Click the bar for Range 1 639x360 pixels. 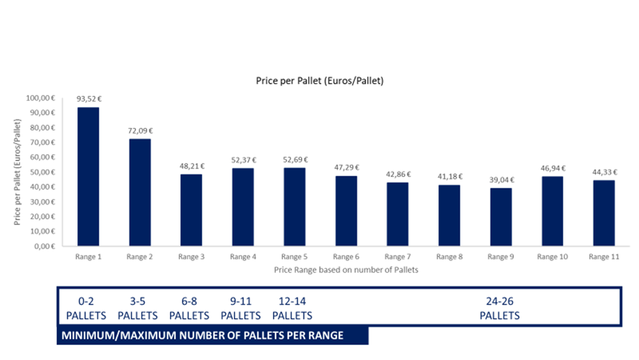[x=88, y=176]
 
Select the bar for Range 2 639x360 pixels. [x=140, y=192]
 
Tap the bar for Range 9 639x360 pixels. [x=500, y=217]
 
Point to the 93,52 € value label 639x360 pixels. [x=89, y=99]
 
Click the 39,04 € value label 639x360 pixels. [x=500, y=180]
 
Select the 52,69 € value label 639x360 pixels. [x=295, y=160]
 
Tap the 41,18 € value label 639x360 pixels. [x=449, y=176]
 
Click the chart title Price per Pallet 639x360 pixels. [x=319, y=81]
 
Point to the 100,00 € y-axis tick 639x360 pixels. [x=42, y=98]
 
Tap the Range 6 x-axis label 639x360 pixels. [x=346, y=257]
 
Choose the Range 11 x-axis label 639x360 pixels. [x=604, y=257]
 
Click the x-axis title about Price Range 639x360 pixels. [x=346, y=269]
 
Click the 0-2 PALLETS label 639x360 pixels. [x=86, y=308]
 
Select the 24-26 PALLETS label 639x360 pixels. [x=500, y=308]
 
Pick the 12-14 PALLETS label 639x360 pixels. [x=293, y=308]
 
